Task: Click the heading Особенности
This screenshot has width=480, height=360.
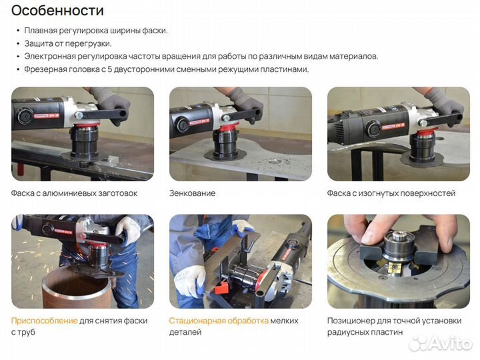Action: pyautogui.click(x=58, y=11)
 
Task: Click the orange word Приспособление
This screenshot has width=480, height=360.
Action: pyautogui.click(x=44, y=321)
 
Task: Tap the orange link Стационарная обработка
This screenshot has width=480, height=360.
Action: pyautogui.click(x=219, y=321)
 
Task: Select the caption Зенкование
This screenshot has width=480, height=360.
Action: pyautogui.click(x=192, y=193)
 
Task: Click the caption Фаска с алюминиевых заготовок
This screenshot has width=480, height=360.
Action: pyautogui.click(x=74, y=193)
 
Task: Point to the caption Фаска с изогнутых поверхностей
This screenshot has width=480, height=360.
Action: pyautogui.click(x=391, y=193)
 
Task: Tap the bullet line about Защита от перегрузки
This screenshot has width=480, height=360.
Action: pyautogui.click(x=67, y=43)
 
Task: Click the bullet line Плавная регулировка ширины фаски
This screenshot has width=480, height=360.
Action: pyautogui.click(x=96, y=31)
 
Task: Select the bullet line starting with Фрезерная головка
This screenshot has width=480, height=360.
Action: pyautogui.click(x=167, y=69)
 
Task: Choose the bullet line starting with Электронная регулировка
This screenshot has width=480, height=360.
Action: pyautogui.click(x=201, y=57)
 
